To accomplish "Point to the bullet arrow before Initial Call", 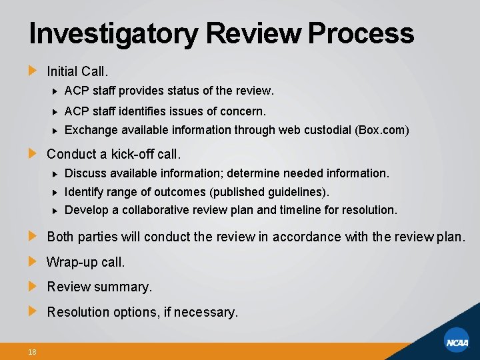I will point(33,70).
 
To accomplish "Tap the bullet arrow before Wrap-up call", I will point(33,261).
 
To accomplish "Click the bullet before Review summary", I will point(33,286).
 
